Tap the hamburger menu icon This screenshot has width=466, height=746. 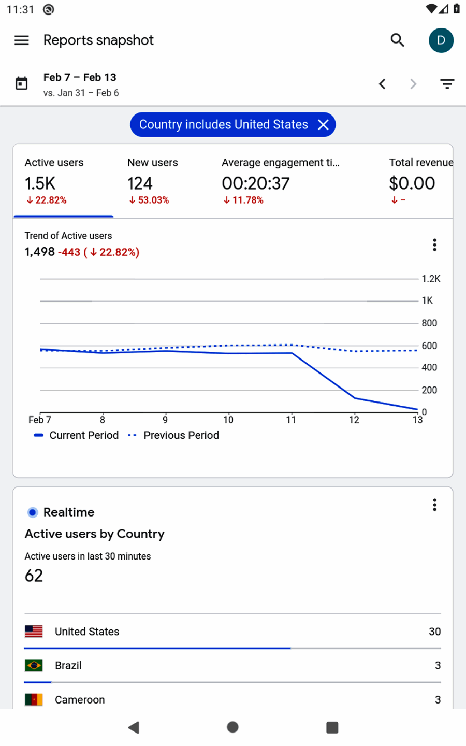22,40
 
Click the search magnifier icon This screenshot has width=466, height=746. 397,40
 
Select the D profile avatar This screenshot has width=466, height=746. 441,40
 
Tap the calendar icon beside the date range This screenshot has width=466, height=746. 22,83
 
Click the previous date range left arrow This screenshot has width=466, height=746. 382,84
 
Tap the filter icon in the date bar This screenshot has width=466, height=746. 447,84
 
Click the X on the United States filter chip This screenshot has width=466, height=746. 324,125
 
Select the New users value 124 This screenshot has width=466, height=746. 140,183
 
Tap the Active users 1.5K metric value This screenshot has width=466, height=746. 40,183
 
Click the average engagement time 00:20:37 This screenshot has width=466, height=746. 256,183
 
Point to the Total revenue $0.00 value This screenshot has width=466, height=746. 412,183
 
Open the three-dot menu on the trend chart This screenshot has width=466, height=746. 435,245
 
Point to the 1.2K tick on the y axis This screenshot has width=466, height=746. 431,279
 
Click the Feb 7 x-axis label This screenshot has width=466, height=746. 39,420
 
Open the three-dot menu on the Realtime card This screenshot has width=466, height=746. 435,505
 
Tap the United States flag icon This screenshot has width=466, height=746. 34,632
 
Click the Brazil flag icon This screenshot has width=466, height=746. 34,666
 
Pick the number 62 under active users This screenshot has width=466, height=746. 34,576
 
